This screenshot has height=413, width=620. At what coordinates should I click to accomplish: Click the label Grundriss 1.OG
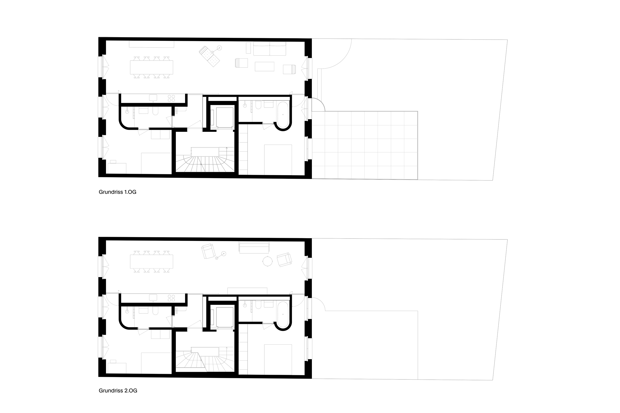coord(118,192)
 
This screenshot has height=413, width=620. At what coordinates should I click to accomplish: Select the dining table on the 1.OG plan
coord(152,67)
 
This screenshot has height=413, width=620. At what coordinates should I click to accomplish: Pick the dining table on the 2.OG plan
coord(152,261)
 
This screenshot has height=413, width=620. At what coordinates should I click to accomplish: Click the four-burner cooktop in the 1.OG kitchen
coord(171,98)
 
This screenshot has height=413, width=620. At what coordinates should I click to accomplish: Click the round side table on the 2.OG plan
coord(268,261)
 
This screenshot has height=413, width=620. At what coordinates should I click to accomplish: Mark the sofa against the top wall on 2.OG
coord(254,247)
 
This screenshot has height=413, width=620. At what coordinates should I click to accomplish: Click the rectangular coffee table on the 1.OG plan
coord(264,66)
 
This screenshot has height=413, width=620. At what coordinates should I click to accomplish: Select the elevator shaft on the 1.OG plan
coord(225,117)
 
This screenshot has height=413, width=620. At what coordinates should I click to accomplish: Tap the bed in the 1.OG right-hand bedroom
coord(278,160)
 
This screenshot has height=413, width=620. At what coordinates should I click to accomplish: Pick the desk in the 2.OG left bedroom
coord(117,368)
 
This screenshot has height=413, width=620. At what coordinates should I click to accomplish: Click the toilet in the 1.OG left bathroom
coord(155,111)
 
